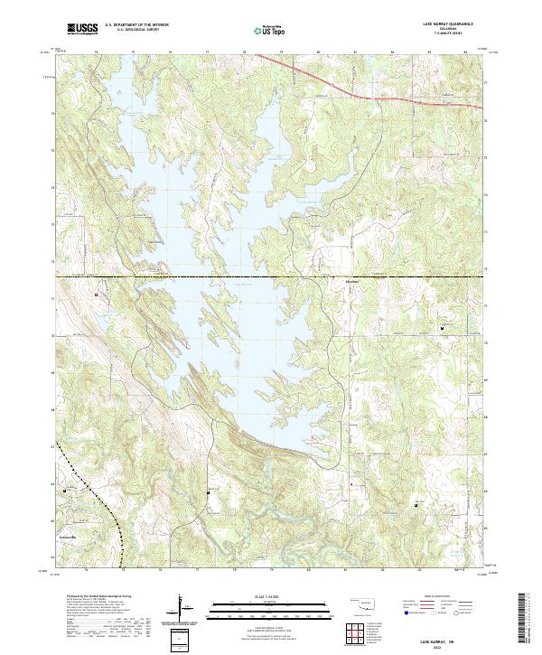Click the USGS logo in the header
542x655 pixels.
(x=82, y=30)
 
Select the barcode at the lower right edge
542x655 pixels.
(x=525, y=619)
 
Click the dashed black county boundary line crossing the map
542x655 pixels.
(x=271, y=276)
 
